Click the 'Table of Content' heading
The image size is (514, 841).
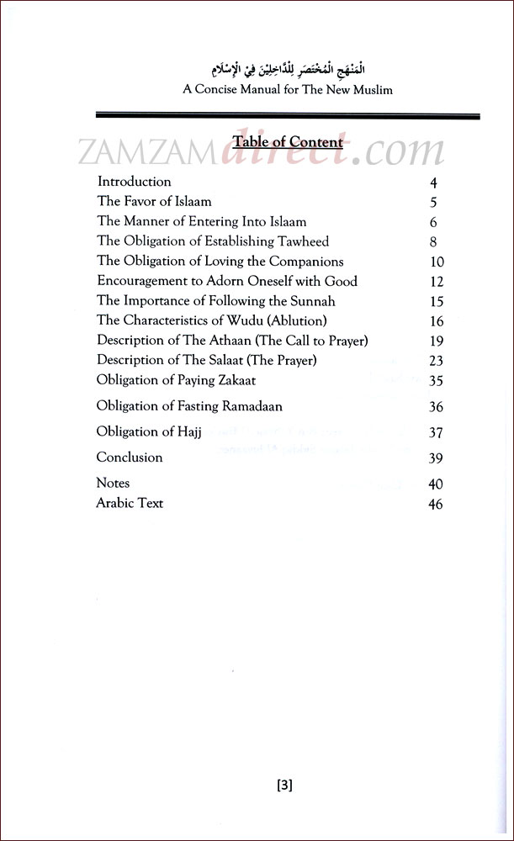tap(288, 142)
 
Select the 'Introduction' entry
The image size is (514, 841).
tap(134, 182)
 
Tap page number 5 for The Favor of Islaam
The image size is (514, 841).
tap(434, 203)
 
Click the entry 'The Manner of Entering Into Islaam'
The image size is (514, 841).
tap(202, 222)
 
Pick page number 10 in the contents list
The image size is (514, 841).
tap(436, 262)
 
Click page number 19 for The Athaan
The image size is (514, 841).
tap(436, 341)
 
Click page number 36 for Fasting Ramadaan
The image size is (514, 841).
tap(435, 407)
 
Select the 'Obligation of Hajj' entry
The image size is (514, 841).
tap(151, 432)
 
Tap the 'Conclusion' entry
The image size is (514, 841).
tap(130, 458)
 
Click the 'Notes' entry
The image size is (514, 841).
tap(113, 484)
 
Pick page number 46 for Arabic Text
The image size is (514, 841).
tap(435, 505)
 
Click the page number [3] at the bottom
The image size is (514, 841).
tap(284, 785)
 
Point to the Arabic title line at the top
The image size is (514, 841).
tap(287, 69)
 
